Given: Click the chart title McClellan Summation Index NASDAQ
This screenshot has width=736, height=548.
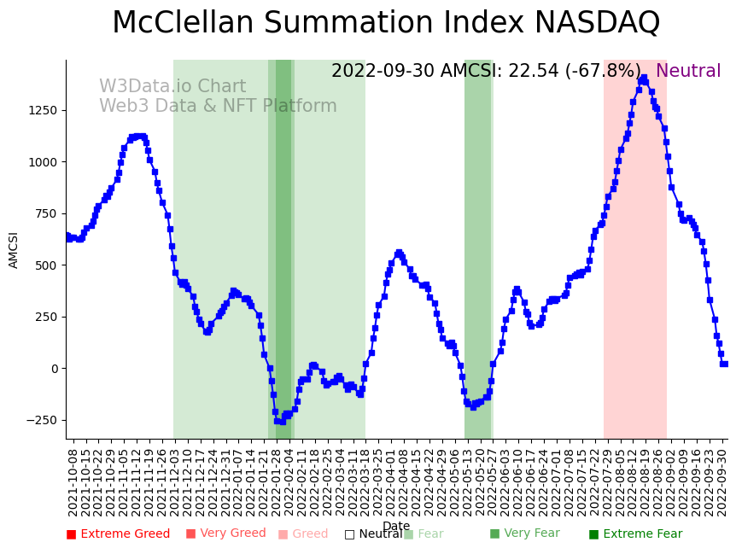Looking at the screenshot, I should tap(386, 24).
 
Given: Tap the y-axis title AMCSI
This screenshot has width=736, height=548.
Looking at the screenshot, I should tap(14, 249).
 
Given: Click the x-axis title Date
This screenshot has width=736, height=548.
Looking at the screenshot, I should tap(396, 526).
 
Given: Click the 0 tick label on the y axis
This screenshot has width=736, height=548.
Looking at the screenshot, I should tap(53, 369).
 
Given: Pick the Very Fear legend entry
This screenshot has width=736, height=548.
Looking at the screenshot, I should tap(524, 534).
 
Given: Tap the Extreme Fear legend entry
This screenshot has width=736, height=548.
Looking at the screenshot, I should tap(635, 534).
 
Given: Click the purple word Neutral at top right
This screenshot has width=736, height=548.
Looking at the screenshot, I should tap(688, 72).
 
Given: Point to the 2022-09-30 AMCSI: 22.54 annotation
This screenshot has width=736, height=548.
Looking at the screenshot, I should tap(486, 72).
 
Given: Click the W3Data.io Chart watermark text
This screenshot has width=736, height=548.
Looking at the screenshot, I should tap(172, 87).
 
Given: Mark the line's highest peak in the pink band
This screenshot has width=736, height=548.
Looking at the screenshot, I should tap(643, 79).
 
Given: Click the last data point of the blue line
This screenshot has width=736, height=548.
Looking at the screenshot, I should tap(724, 364).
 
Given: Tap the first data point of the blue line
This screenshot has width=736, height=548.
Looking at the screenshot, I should tap(67, 236).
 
